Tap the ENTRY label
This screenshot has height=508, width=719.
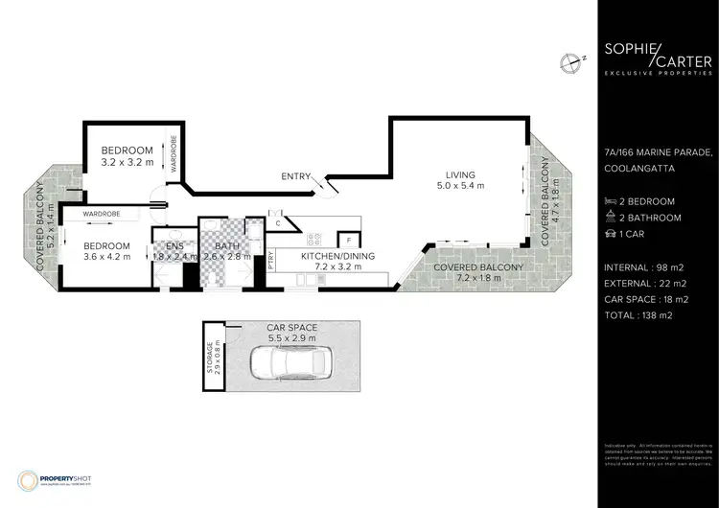click(268, 175)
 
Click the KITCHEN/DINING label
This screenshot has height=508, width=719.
click(332, 256)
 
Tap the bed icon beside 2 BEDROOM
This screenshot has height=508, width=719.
click(611, 201)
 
